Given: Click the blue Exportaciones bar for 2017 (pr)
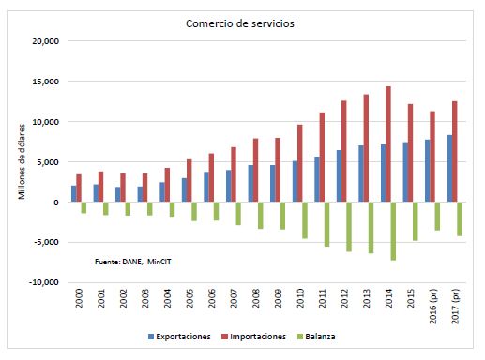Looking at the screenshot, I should click(450, 168).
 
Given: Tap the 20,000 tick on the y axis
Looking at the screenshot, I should click(46, 41).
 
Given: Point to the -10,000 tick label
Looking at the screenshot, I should click(44, 282).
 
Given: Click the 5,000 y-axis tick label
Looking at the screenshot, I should click(48, 162).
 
